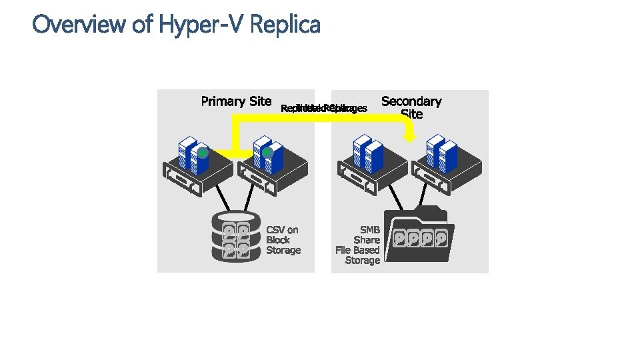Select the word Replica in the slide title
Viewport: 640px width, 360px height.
click(287, 25)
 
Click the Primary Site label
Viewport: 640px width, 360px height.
click(236, 101)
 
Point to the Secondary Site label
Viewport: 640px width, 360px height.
click(411, 107)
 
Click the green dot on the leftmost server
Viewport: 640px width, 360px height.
click(203, 153)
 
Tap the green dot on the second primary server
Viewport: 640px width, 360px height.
click(267, 153)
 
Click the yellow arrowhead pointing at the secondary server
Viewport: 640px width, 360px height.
click(409, 136)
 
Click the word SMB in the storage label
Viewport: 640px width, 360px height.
click(370, 230)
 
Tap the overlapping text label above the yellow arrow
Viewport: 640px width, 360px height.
click(324, 108)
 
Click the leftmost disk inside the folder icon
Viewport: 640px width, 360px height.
click(401, 237)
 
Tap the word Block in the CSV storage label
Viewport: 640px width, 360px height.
click(278, 240)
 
